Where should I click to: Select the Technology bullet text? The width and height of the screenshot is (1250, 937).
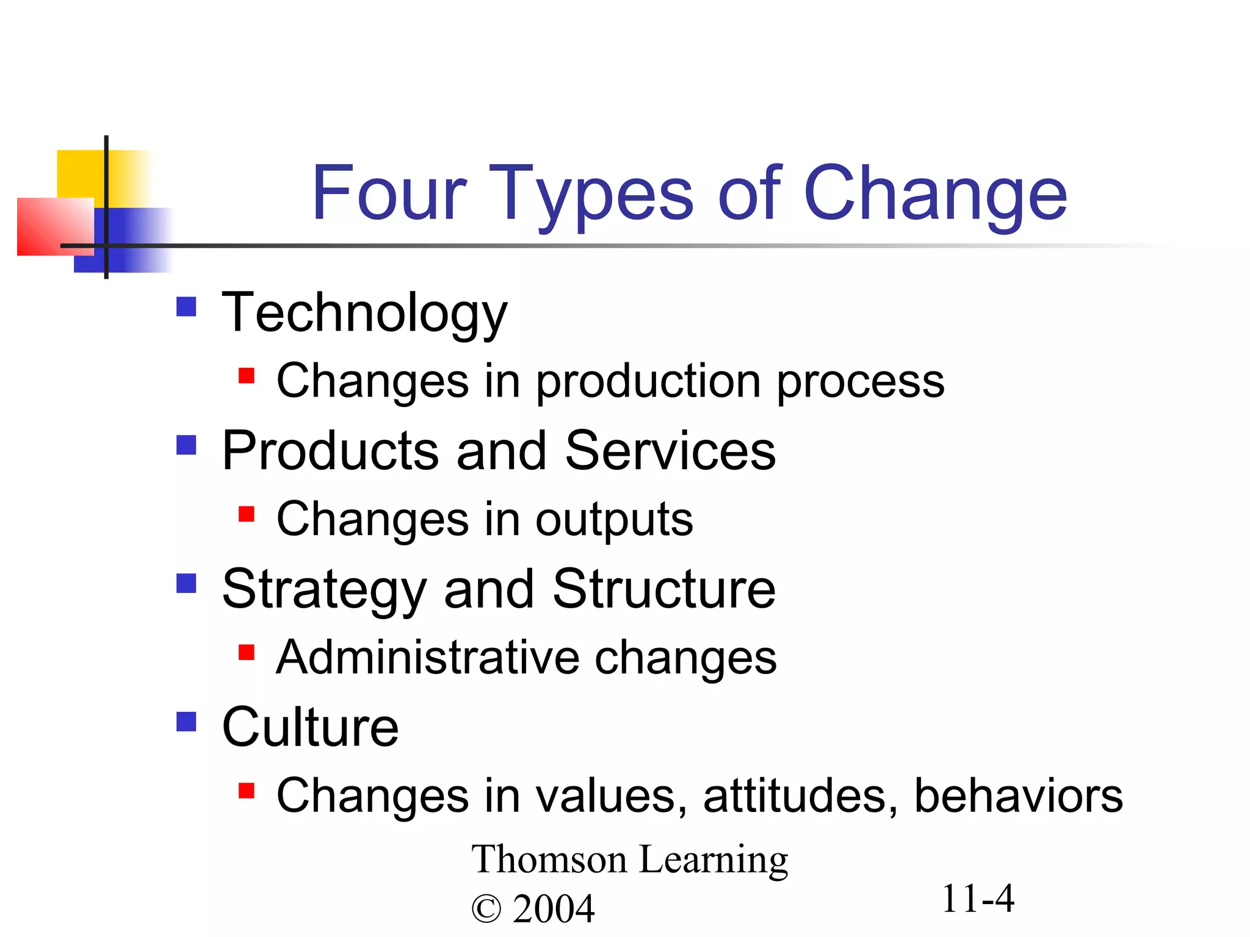point(364,314)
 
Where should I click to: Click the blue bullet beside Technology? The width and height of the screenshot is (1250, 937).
point(186,306)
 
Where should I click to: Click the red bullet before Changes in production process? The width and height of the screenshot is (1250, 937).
point(246,375)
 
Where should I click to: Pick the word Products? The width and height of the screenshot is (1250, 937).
point(330,451)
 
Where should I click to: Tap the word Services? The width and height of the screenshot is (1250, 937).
point(670,451)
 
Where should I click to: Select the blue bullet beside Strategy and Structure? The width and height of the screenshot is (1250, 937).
point(186,583)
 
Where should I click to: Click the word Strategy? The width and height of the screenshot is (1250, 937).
point(324,591)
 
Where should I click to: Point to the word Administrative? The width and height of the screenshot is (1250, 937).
point(427,658)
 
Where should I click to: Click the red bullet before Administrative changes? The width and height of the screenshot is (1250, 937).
point(246,653)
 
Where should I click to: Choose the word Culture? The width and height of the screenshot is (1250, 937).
point(310,728)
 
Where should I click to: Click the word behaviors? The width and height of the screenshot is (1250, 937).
point(1018,797)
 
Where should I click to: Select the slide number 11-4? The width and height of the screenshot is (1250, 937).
point(978,899)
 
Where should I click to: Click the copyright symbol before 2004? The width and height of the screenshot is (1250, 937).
point(486,910)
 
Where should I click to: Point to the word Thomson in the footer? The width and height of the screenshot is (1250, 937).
point(549,860)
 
